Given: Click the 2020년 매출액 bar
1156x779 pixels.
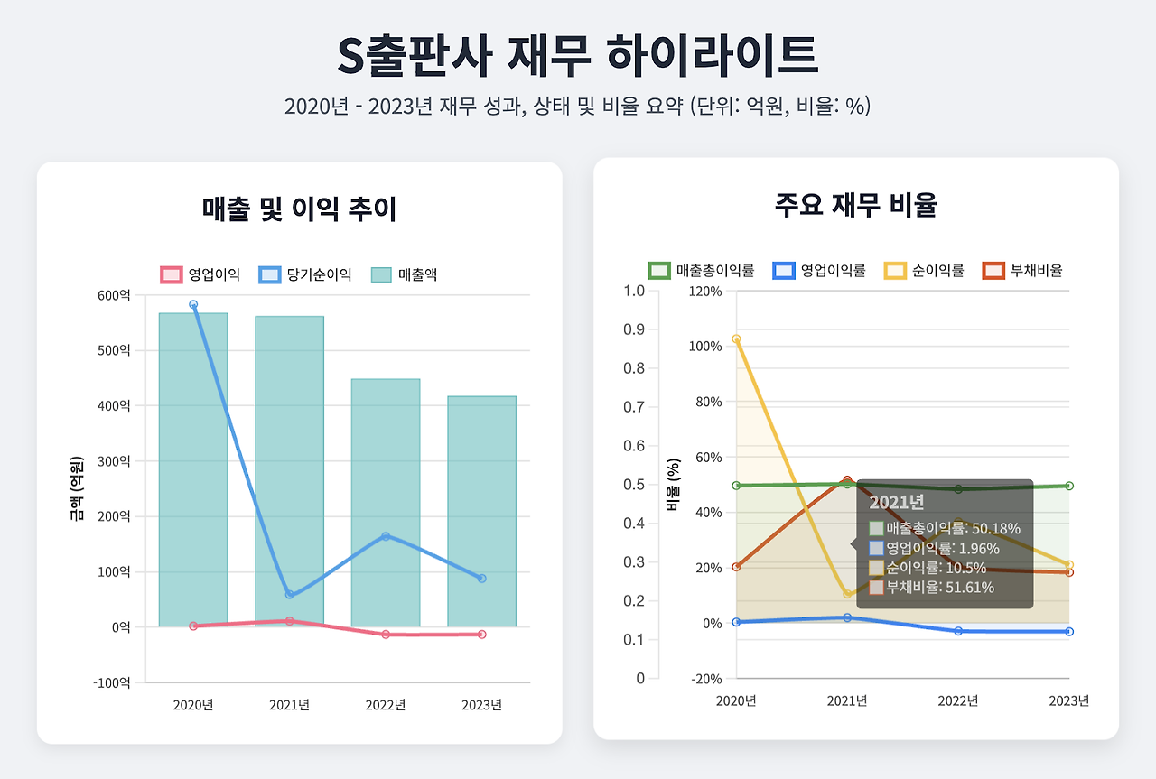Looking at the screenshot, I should (193, 469).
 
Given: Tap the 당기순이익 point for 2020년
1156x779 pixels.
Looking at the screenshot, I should (193, 305).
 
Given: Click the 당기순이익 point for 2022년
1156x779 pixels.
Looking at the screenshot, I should (386, 536).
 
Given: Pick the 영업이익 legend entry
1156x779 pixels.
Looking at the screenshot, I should (200, 274).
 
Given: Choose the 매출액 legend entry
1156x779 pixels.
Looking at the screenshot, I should (405, 274).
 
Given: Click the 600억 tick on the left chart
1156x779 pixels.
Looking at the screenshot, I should (114, 295).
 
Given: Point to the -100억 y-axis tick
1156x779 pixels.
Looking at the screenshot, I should (112, 682).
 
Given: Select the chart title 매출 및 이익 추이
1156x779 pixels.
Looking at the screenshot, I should (299, 209).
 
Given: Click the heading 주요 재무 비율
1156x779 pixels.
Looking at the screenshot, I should (855, 206).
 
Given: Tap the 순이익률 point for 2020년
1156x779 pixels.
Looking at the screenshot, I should (736, 339).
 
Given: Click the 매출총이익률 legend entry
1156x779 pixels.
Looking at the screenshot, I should (701, 270).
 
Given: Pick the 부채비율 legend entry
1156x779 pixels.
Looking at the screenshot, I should (1022, 270).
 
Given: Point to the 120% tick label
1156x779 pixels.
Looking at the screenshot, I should (705, 291).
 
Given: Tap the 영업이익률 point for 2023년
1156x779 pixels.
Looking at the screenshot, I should (1069, 632).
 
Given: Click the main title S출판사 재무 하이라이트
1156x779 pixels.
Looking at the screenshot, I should (577, 56).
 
